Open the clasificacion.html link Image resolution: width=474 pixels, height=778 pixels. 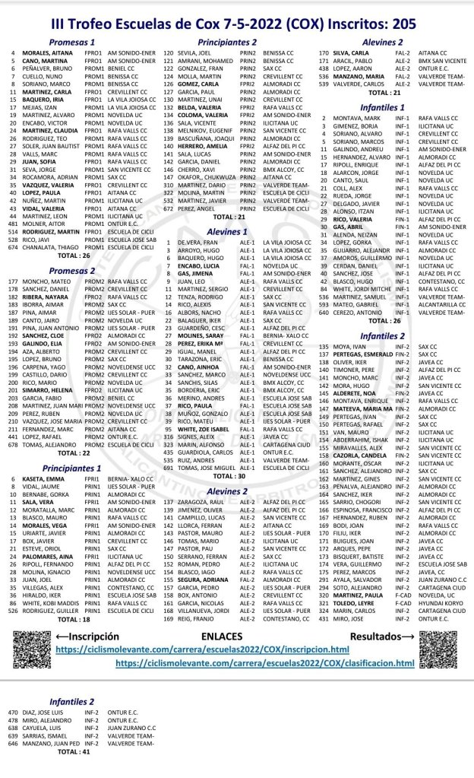266,664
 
